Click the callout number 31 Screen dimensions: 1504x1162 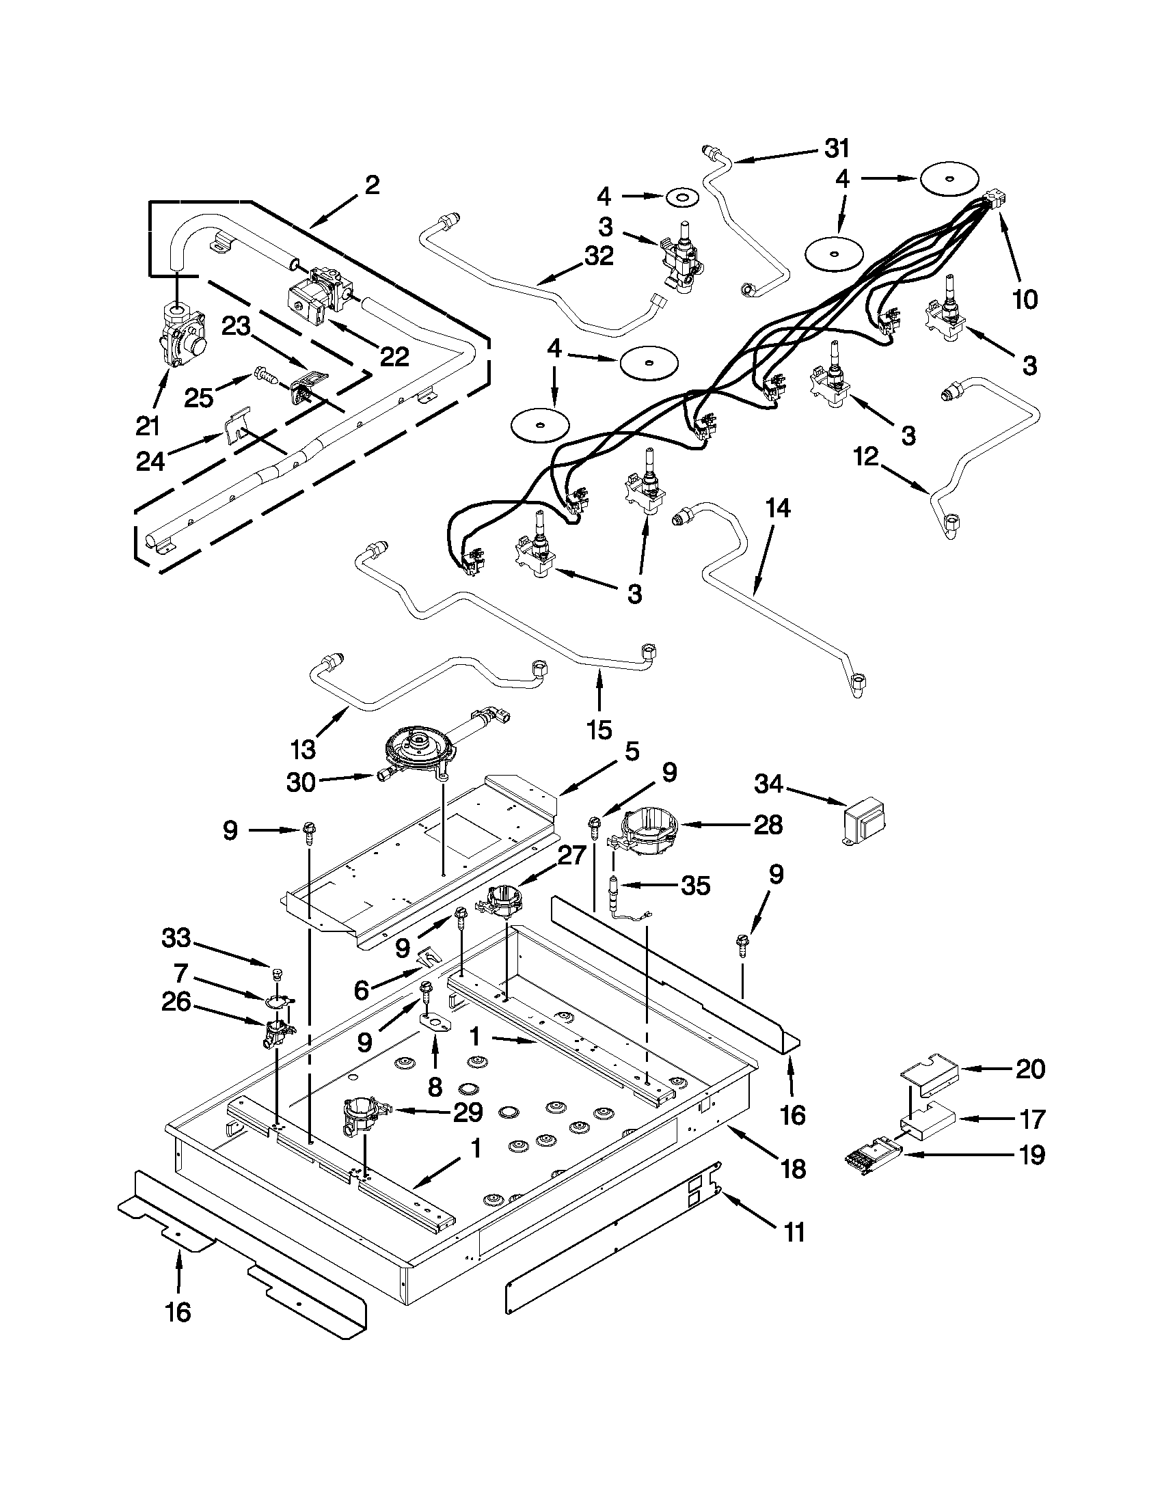837,148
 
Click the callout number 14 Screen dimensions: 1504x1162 777,510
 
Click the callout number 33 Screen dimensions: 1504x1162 177,938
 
